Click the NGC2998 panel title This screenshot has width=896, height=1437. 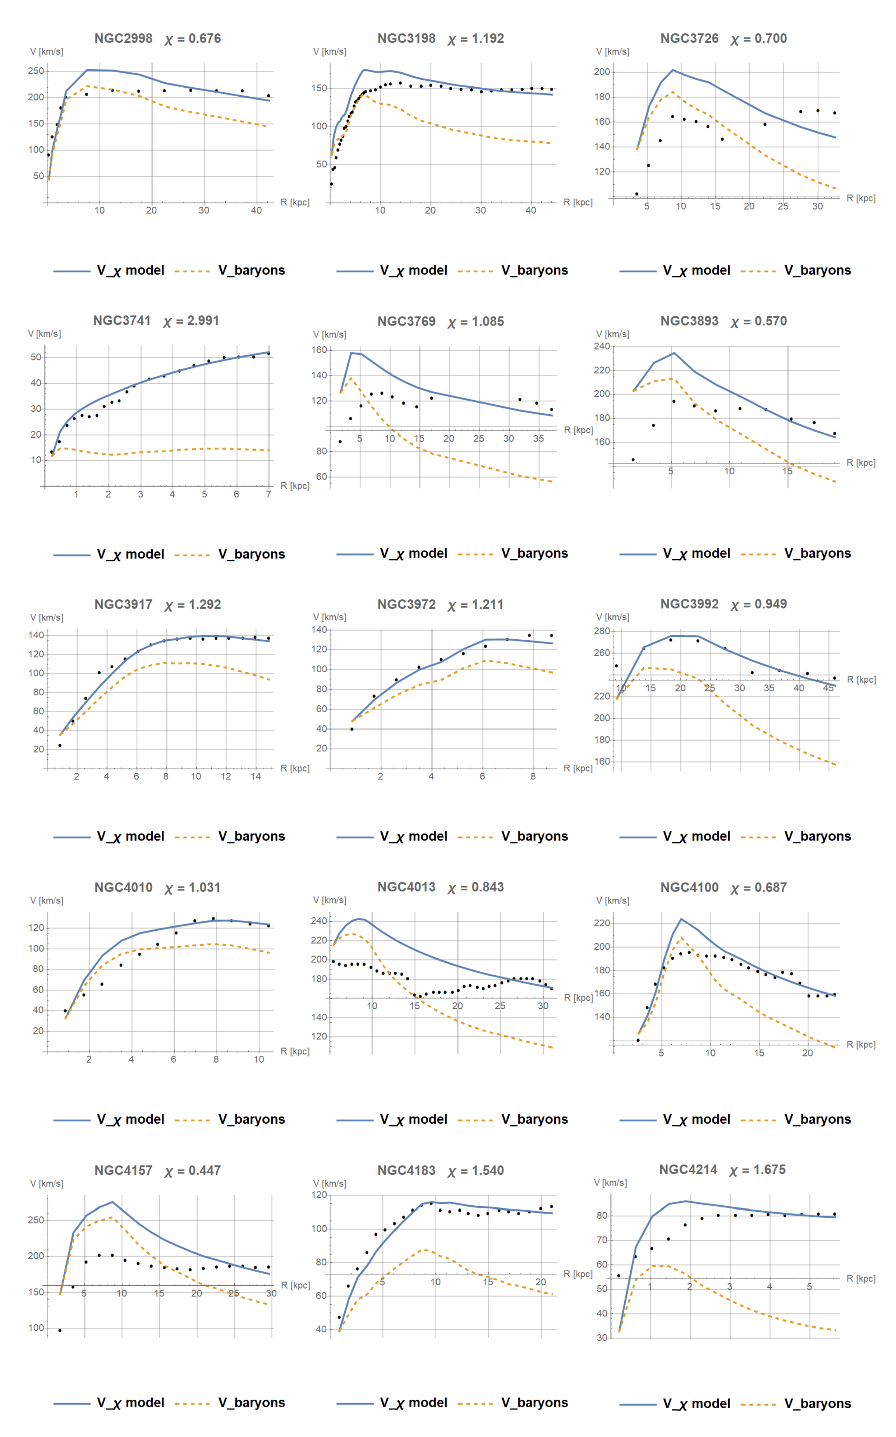coord(123,38)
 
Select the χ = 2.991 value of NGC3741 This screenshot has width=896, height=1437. coord(191,321)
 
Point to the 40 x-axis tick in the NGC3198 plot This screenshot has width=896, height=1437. coord(530,210)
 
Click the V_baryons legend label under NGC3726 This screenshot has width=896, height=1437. coord(817,270)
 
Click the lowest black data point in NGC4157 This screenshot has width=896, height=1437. coord(59,1330)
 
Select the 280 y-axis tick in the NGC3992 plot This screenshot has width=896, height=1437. coord(602,631)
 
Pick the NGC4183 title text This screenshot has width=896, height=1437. coord(406,1170)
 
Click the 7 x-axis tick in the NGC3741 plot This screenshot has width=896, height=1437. coord(268,494)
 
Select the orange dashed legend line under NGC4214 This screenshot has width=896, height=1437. coord(758,1404)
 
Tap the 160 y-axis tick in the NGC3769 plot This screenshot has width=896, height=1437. coord(320,350)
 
